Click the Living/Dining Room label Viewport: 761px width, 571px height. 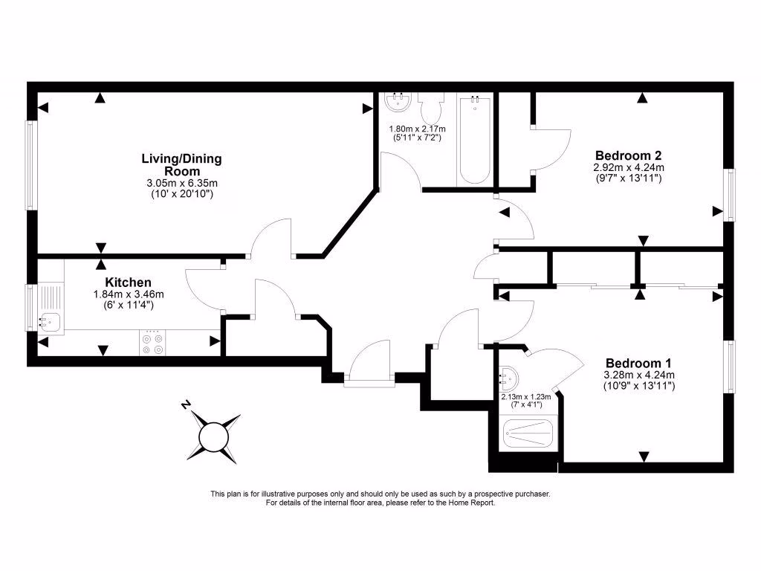[x=181, y=164]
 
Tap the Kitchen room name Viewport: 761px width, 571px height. [x=128, y=283]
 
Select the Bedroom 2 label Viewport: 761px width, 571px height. [x=628, y=155]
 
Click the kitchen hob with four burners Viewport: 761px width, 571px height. [x=152, y=343]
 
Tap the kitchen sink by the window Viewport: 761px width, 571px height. [x=50, y=321]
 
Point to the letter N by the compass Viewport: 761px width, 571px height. [x=186, y=405]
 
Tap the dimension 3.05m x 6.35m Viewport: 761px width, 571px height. [x=181, y=184]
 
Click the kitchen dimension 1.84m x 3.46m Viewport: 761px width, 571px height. [x=128, y=294]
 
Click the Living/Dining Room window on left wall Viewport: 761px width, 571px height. [x=30, y=164]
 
